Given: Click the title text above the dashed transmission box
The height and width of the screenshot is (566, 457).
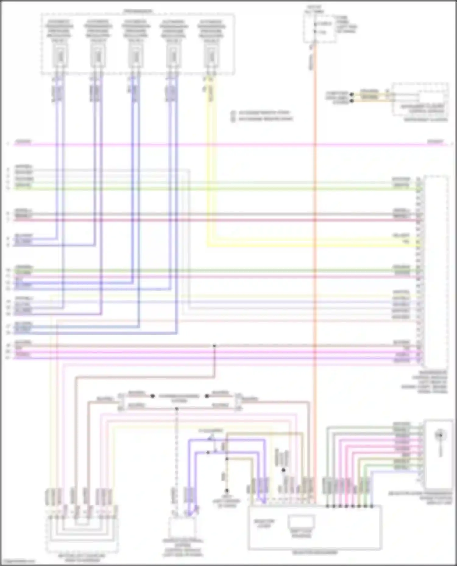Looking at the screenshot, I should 138,11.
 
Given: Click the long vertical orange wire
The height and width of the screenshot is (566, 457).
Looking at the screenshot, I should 315,243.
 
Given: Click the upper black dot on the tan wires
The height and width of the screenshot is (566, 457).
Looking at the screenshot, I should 352,95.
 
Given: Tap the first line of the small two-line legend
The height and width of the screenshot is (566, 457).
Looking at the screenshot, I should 262,113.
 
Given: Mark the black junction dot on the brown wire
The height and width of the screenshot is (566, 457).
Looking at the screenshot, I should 214,346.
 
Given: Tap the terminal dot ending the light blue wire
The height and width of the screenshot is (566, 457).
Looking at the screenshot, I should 372,506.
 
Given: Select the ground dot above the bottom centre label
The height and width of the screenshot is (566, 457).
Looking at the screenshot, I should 227,491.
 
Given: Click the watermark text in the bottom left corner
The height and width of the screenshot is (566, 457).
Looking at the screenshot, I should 17,561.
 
